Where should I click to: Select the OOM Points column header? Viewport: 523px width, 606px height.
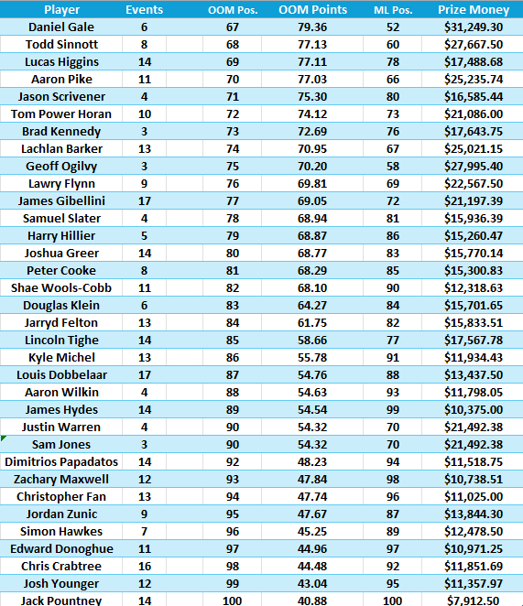pos(314,10)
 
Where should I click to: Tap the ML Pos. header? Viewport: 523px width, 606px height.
pos(392,10)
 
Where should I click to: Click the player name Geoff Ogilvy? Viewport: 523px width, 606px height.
pos(61,166)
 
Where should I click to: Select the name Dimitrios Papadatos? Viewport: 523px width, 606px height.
pos(61,461)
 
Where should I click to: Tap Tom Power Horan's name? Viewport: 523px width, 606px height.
pos(61,114)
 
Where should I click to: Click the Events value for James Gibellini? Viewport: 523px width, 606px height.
pos(144,200)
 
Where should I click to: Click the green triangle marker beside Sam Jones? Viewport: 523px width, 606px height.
pos(4,439)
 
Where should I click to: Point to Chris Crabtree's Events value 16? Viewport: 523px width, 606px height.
pos(144,566)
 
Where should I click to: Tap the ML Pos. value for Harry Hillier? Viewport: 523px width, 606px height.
pos(392,235)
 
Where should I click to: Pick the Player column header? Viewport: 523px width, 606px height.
pos(61,10)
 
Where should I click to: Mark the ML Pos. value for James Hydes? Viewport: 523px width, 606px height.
pos(392,409)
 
